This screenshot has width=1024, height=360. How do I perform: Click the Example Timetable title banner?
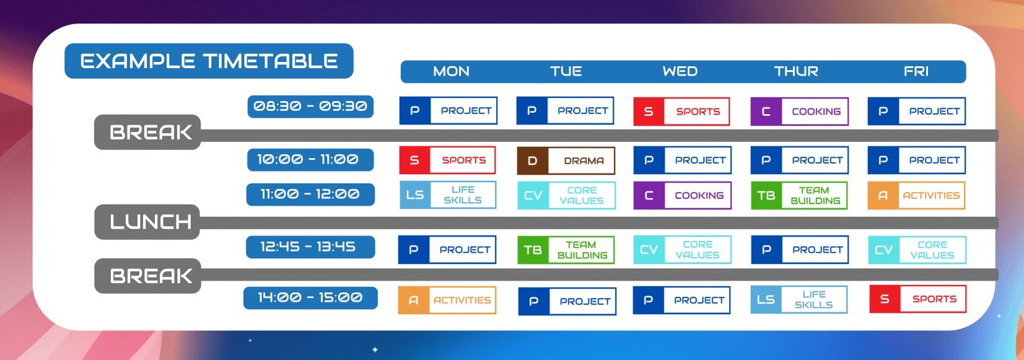209,61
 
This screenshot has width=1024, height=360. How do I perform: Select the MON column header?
451,71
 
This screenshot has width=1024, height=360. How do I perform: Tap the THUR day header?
796,71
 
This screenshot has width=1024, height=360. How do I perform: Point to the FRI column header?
916,71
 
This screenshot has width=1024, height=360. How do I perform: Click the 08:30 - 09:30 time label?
310,106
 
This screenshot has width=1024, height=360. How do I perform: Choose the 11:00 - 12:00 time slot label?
310,195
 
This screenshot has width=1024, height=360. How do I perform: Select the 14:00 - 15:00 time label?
310,298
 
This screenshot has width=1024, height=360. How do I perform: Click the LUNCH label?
147,222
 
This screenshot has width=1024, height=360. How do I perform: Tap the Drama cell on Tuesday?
566,160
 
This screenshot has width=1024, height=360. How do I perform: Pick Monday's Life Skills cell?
448,195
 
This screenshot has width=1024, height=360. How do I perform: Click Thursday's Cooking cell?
800,111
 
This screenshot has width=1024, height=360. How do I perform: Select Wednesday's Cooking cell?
683,195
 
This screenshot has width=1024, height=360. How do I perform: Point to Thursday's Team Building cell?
799,195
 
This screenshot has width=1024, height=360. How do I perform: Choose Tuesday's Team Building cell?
566,250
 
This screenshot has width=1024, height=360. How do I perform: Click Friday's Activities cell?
917,195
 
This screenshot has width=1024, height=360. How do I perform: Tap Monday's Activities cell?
447,300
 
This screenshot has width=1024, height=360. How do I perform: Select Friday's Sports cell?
918,299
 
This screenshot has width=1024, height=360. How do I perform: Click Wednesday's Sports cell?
681,111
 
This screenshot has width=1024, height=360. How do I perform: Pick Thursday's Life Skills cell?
799,300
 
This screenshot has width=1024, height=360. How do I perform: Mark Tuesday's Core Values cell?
567,195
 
